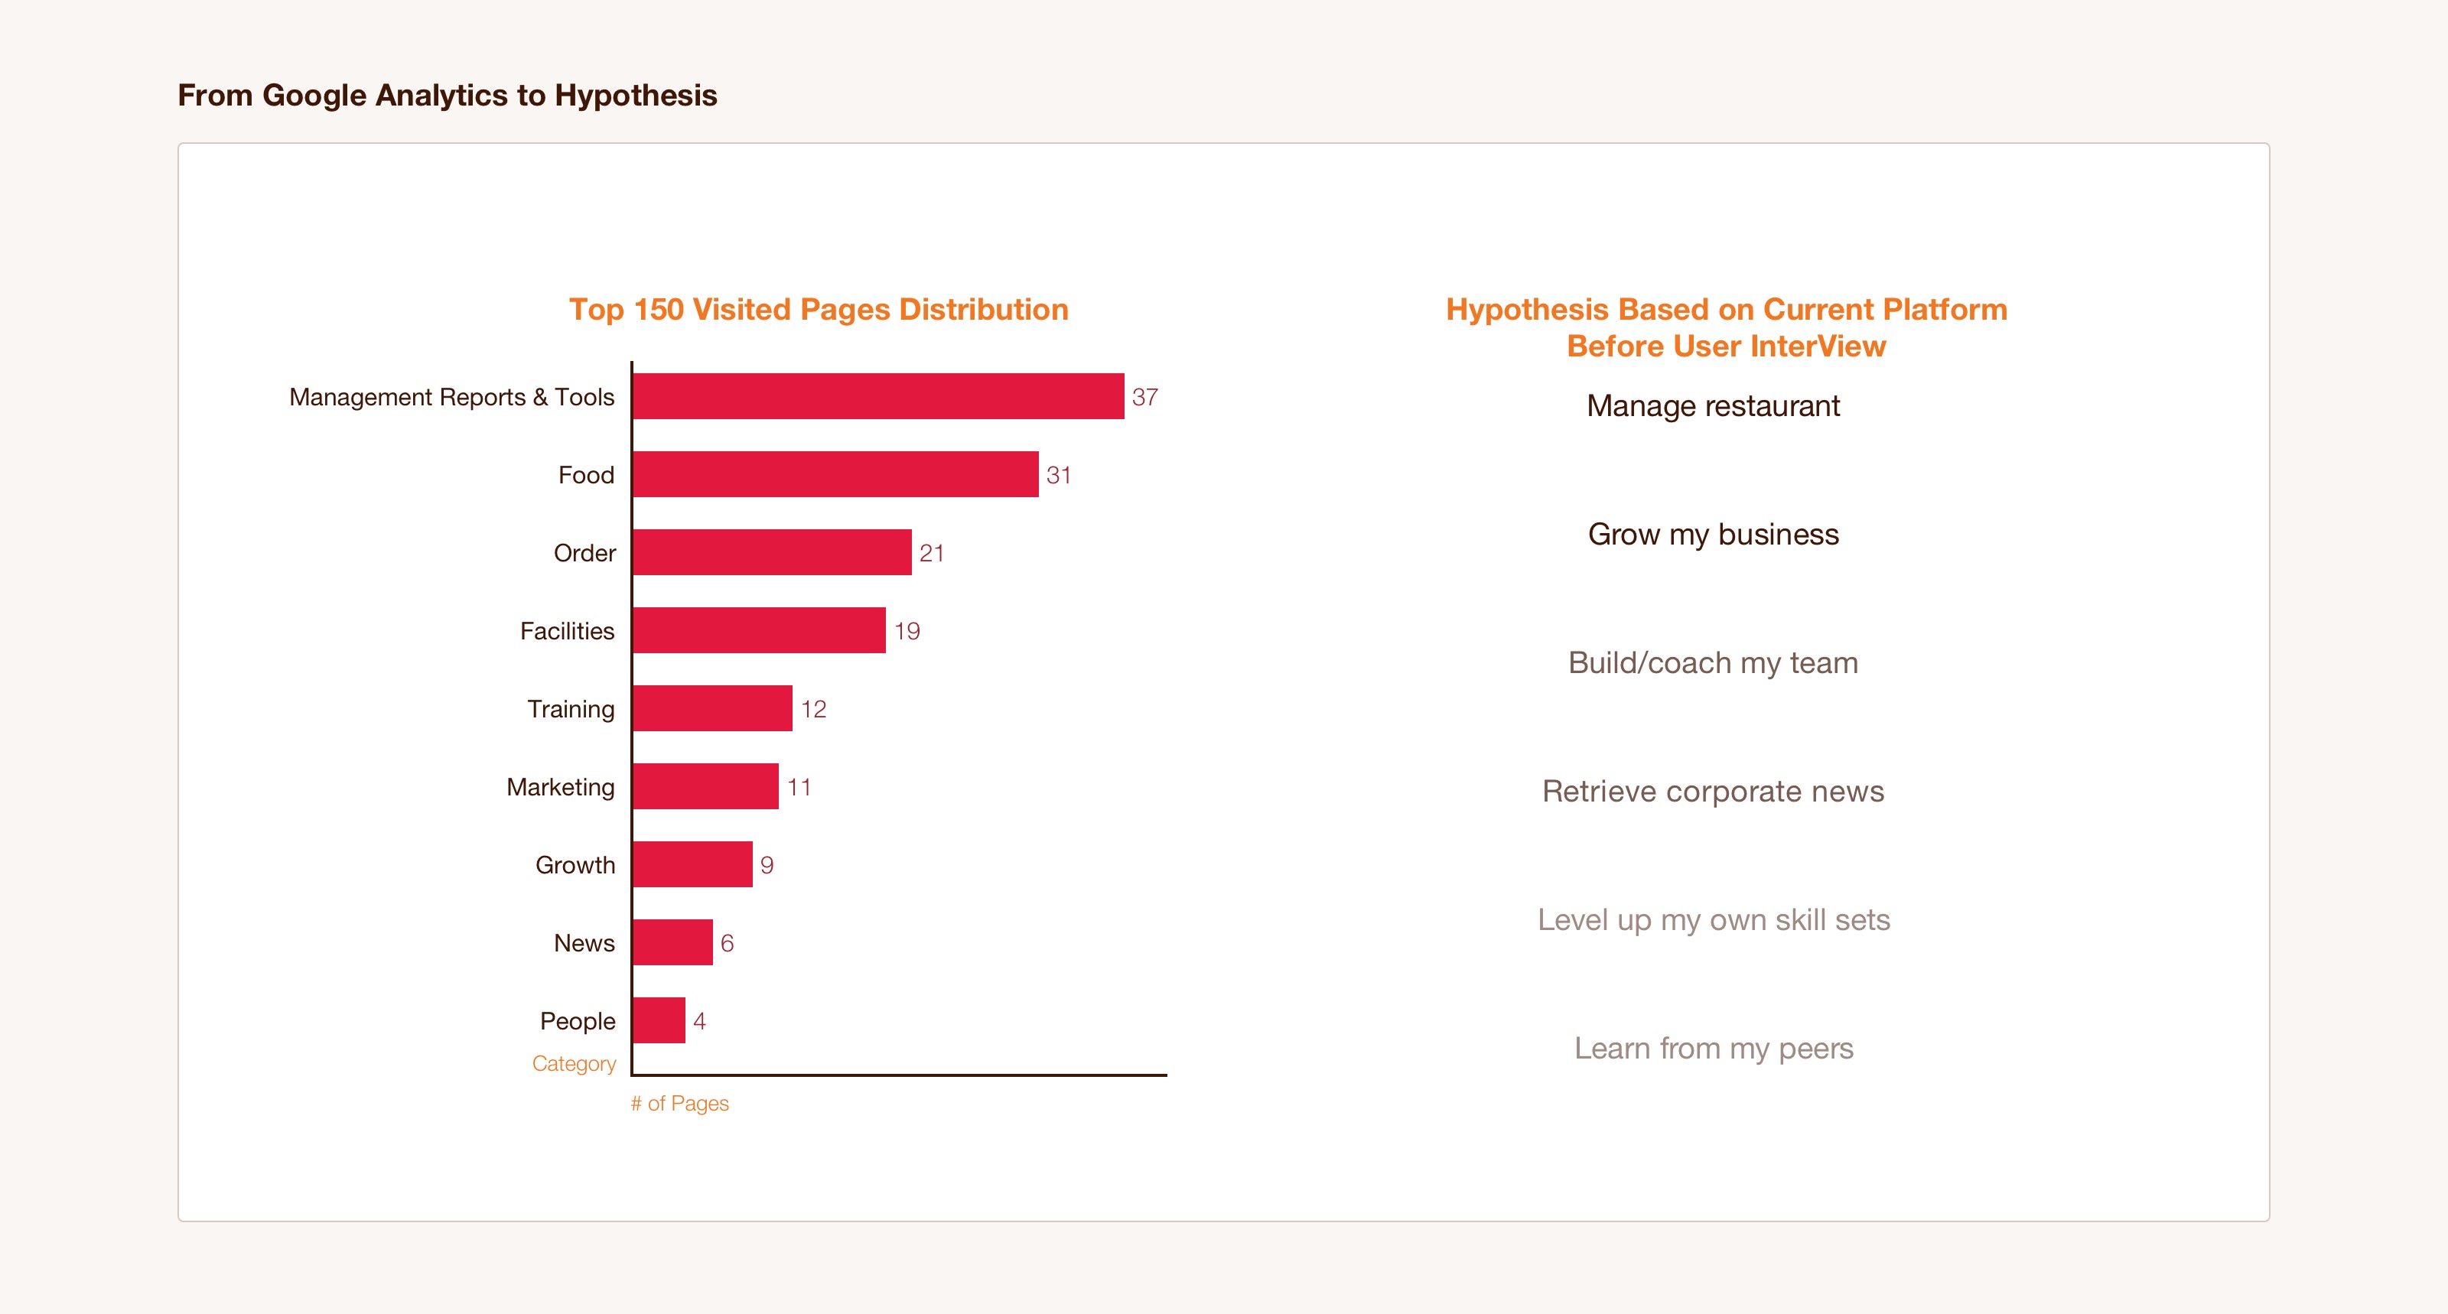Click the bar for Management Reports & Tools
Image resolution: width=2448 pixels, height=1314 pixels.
pos(877,396)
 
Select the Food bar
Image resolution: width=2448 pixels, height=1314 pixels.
pos(835,474)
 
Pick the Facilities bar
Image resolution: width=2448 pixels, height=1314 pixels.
pos(758,630)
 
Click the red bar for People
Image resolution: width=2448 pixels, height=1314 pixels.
pos(659,1020)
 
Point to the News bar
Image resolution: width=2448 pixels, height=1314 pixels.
pos(672,942)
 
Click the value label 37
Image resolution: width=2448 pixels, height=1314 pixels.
pos(1144,397)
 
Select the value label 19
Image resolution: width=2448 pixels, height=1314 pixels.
pos(907,631)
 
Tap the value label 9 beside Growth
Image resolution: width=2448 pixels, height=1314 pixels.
pos(766,864)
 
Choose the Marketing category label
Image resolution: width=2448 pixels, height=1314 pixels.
pos(560,787)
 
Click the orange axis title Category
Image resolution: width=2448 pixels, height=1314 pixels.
pos(573,1063)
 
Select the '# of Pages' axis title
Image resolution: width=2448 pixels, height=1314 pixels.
pos(679,1103)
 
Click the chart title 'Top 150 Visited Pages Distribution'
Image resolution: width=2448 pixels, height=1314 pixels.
pos(819,309)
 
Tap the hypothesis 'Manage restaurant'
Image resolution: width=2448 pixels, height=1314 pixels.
pos(1713,405)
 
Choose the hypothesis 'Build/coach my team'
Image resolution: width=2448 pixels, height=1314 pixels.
pos(1713,662)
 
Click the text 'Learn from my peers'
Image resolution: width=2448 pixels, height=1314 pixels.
pos(1713,1048)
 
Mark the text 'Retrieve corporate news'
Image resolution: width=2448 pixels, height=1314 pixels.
pos(1713,791)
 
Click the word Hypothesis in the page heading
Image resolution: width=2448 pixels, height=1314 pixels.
pos(636,95)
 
